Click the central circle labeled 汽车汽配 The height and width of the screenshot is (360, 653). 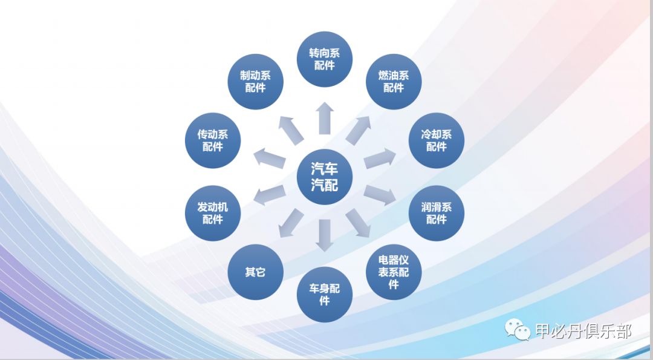(x=325, y=177)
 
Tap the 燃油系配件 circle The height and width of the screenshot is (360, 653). (x=394, y=81)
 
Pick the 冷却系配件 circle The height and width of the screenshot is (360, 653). (x=437, y=140)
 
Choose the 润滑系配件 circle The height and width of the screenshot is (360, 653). (x=437, y=213)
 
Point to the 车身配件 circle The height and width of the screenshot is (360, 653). (x=325, y=294)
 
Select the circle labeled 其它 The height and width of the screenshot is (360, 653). (x=255, y=272)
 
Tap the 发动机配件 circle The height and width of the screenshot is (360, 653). (x=212, y=213)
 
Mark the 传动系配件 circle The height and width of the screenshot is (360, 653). (x=212, y=140)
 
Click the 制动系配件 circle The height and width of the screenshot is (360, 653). (x=255, y=81)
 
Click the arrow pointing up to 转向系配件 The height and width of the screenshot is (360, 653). (x=325, y=118)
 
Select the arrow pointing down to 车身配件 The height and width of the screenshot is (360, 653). (x=325, y=235)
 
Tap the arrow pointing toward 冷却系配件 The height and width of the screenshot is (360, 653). (x=380, y=159)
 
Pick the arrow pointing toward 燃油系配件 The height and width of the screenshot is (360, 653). (x=359, y=129)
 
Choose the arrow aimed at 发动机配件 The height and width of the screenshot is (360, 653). (x=270, y=195)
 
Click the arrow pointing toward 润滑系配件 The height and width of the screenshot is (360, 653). (x=380, y=195)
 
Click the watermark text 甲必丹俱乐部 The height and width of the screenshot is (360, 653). (x=583, y=331)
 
